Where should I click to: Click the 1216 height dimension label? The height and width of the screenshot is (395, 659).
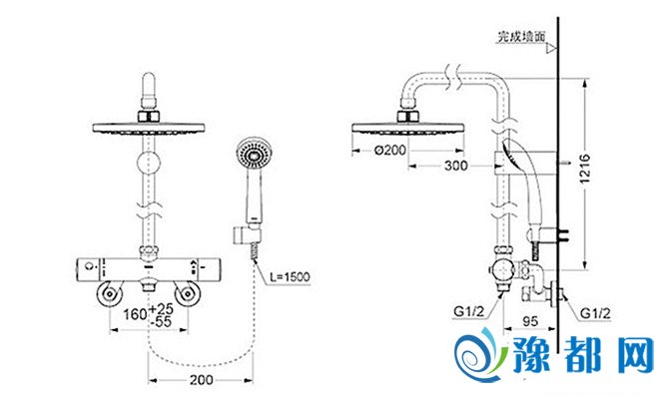(585, 169)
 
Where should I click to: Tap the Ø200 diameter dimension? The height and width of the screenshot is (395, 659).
(390, 150)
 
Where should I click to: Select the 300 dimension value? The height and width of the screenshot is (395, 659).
(455, 166)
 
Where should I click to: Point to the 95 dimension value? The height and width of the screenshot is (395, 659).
(530, 321)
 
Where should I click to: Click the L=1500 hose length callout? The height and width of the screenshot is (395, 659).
(290, 276)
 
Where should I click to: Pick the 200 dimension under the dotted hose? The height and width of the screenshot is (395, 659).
(202, 380)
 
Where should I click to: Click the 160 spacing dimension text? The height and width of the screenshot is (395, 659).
(135, 314)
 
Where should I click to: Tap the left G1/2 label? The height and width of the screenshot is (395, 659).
(469, 311)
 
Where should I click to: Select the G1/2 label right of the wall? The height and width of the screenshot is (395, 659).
(595, 313)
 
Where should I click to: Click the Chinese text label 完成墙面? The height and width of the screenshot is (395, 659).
(521, 37)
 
